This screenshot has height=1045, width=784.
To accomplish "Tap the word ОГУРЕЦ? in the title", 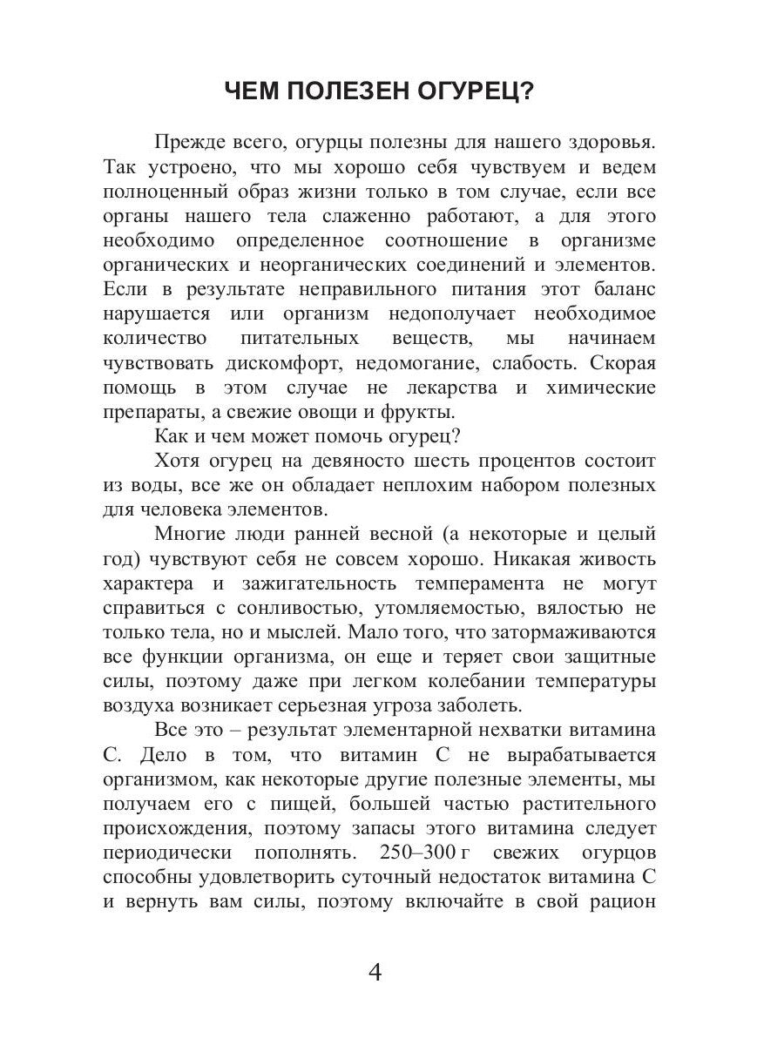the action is (x=486, y=91).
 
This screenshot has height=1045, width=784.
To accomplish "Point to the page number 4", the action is (x=376, y=972).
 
